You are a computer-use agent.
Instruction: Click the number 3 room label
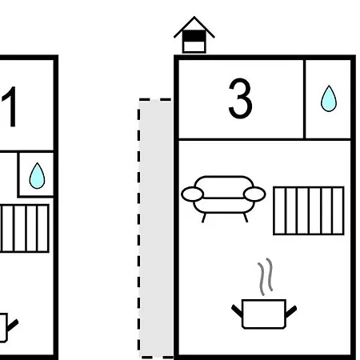click(x=240, y=98)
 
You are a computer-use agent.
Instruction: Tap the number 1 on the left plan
click(x=10, y=106)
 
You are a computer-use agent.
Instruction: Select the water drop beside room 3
click(x=329, y=98)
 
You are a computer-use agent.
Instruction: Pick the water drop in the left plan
click(x=37, y=175)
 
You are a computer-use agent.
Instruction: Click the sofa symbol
click(x=223, y=198)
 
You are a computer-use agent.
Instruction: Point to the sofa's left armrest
click(x=192, y=194)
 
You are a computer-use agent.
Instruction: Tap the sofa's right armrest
click(x=254, y=194)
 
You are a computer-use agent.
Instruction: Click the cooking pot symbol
click(x=264, y=314)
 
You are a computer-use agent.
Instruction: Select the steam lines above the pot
click(x=266, y=277)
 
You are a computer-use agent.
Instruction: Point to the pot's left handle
click(x=237, y=311)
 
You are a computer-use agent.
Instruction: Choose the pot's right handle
click(x=291, y=311)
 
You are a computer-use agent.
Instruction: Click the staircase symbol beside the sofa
click(x=309, y=210)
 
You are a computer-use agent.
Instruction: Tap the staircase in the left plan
click(x=24, y=228)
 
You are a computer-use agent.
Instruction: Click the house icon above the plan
click(x=194, y=34)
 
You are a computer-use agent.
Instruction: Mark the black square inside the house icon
click(x=194, y=36)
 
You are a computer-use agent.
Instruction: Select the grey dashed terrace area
click(x=156, y=228)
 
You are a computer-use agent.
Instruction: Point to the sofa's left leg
click(x=204, y=218)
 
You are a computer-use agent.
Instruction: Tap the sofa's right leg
click(x=246, y=218)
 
